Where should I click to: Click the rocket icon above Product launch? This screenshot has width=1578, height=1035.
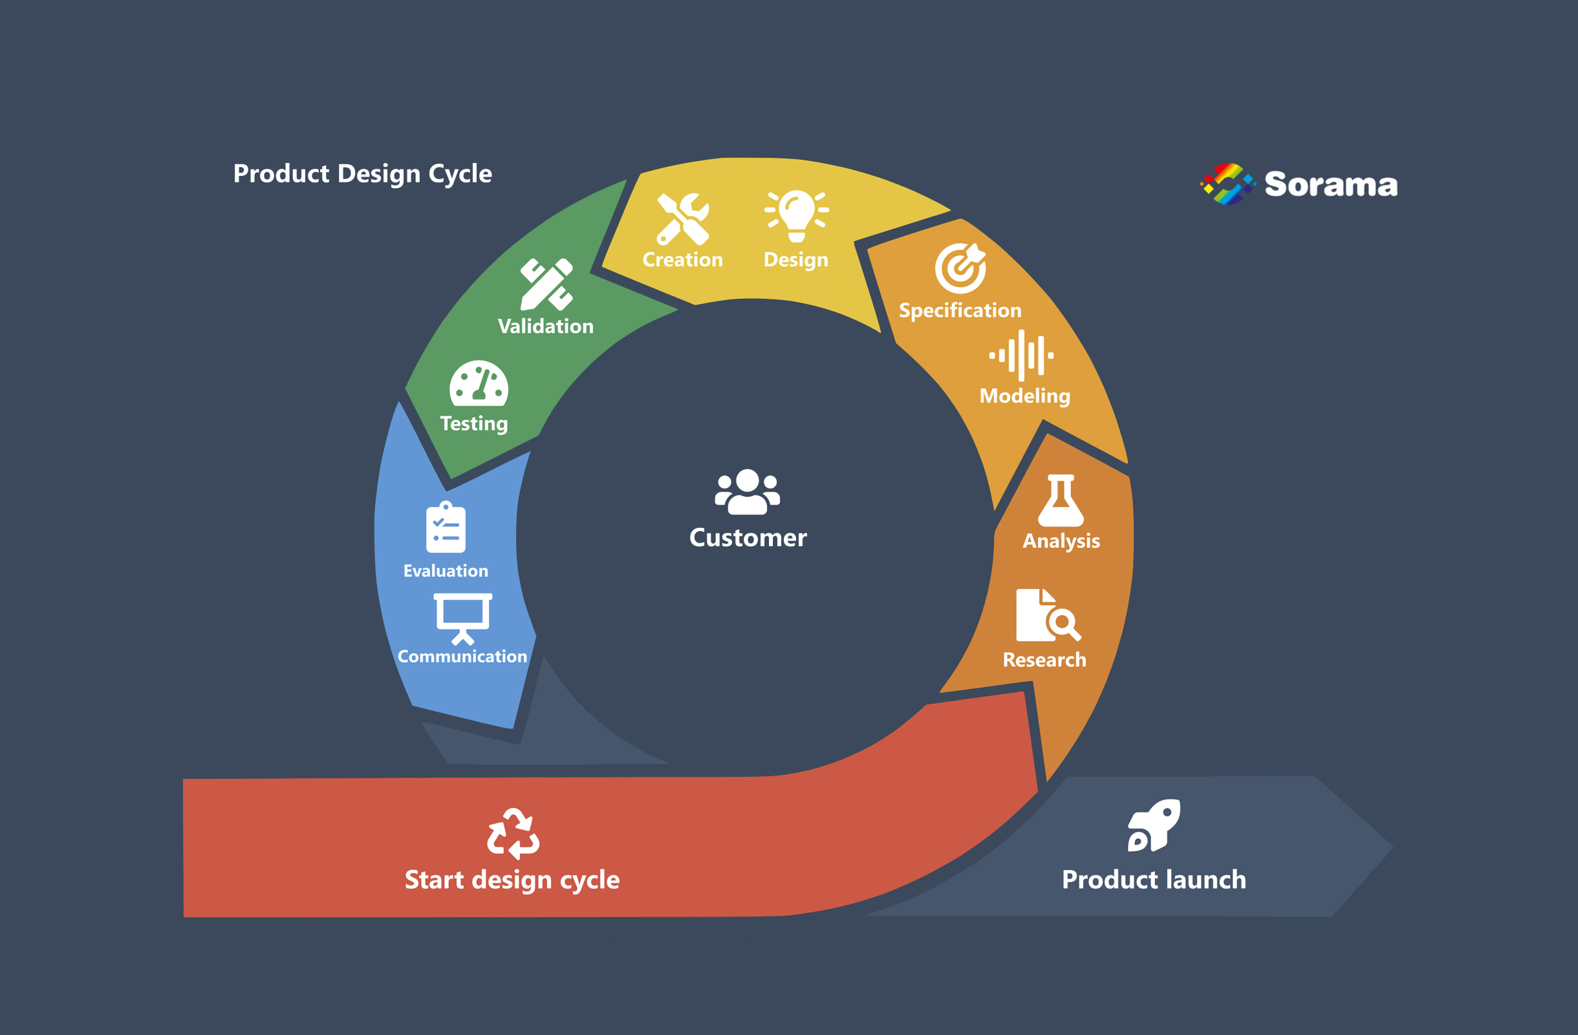[1154, 825]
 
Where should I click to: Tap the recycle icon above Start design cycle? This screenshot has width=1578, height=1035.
[513, 833]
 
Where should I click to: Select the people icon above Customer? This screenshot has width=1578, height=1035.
[747, 492]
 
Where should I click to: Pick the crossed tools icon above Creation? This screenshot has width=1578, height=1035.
[683, 219]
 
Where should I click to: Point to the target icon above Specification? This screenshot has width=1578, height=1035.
[961, 268]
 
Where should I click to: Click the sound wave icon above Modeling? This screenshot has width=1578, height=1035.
[1022, 355]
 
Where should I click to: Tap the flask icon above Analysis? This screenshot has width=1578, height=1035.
[1061, 501]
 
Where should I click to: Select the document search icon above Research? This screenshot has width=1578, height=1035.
[1048, 615]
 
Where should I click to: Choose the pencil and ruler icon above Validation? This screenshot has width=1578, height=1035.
[546, 285]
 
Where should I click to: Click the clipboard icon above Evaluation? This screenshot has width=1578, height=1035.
[446, 527]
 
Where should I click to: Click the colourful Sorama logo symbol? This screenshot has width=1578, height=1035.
[1227, 184]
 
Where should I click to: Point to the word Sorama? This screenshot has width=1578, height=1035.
[1331, 184]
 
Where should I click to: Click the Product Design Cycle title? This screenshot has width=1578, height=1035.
[363, 174]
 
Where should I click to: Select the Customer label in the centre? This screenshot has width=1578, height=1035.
[748, 538]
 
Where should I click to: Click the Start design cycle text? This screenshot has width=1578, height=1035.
[512, 880]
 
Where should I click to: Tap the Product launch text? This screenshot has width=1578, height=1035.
[1154, 879]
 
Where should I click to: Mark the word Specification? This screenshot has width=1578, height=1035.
[960, 310]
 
